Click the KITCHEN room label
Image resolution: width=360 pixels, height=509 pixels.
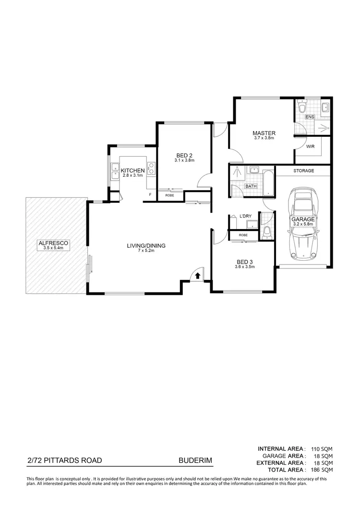(x=132, y=170)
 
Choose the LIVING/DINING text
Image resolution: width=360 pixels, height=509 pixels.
(x=146, y=246)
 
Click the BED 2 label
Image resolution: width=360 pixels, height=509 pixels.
(x=184, y=155)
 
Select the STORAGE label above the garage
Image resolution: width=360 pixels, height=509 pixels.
(x=304, y=171)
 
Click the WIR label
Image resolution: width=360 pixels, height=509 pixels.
(x=311, y=147)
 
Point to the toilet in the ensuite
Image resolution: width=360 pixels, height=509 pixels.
(x=301, y=105)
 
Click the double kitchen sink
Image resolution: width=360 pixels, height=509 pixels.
(x=115, y=171)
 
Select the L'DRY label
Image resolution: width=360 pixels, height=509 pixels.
(x=245, y=216)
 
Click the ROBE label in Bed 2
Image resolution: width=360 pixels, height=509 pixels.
(x=169, y=195)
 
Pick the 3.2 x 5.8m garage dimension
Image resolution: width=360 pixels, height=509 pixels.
(x=303, y=224)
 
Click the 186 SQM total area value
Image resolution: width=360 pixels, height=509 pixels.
(x=321, y=469)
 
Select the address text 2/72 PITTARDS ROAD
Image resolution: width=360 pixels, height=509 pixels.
(x=64, y=461)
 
